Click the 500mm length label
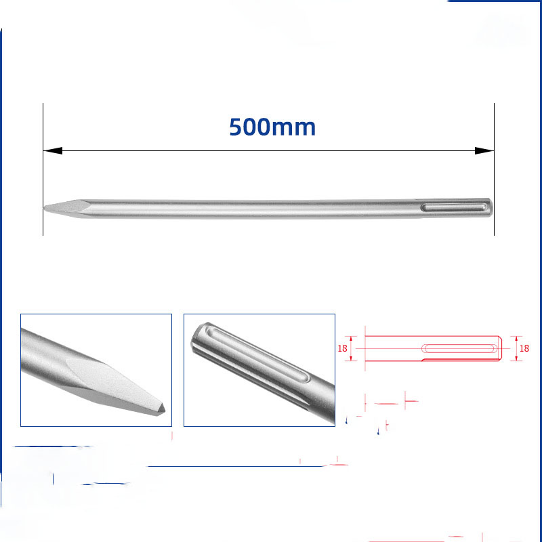pyautogui.click(x=272, y=127)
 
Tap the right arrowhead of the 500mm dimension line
pyautogui.click(x=484, y=150)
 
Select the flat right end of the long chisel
pyautogui.click(x=491, y=207)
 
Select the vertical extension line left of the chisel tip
pyautogui.click(x=43, y=169)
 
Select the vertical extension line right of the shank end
pyautogui.click(x=494, y=169)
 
